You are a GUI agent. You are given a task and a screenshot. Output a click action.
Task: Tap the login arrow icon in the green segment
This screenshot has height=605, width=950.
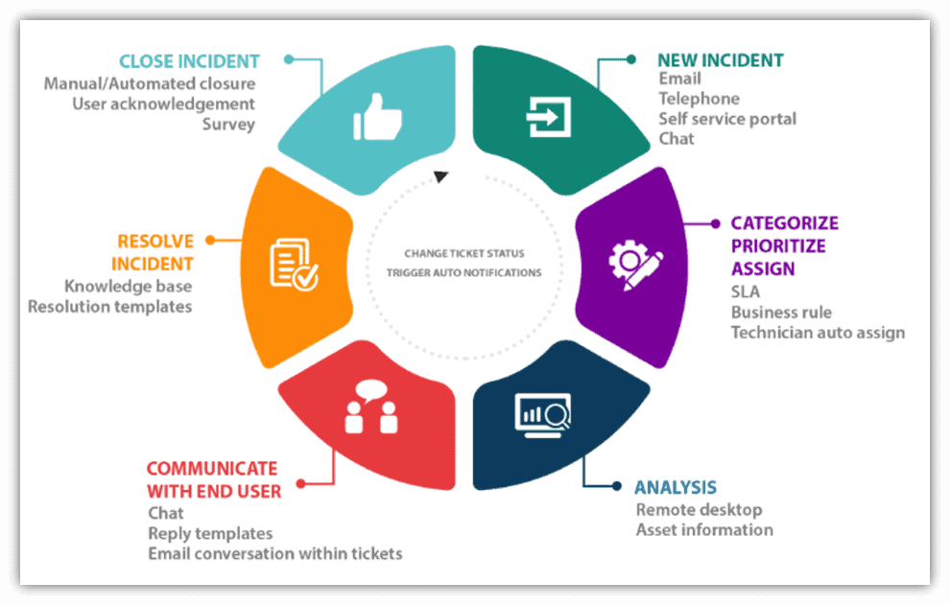pyautogui.click(x=549, y=119)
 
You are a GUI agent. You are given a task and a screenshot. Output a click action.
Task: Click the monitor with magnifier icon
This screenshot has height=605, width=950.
pyautogui.click(x=544, y=413)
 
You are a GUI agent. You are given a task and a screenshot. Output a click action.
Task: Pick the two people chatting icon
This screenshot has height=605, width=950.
pyautogui.click(x=370, y=407)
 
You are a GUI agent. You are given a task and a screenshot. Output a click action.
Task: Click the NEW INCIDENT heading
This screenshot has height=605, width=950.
pyautogui.click(x=720, y=59)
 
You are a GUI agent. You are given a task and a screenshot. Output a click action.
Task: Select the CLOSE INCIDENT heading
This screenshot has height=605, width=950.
pyautogui.click(x=188, y=61)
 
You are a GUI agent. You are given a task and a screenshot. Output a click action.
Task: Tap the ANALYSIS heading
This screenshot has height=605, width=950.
pyautogui.click(x=675, y=487)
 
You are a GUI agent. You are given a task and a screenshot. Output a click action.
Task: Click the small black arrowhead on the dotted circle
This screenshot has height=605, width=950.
pyautogui.click(x=440, y=176)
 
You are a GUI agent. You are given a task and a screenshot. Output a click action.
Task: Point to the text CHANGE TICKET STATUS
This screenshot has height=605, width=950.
pyautogui.click(x=464, y=254)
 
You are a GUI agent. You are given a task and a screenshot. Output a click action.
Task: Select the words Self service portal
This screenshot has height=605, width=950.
pyautogui.click(x=726, y=119)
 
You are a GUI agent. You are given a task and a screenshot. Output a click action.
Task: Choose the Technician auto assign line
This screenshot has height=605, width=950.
pyautogui.click(x=818, y=333)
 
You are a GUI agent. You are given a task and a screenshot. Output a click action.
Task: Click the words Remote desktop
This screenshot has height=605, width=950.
pyautogui.click(x=699, y=509)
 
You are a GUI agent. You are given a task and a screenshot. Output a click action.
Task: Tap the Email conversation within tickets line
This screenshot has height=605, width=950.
pyautogui.click(x=274, y=553)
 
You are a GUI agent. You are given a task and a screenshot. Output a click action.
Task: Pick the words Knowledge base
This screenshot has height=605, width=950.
pyautogui.click(x=128, y=286)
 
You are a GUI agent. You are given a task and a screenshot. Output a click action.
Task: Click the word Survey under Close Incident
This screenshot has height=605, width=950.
pyautogui.click(x=228, y=124)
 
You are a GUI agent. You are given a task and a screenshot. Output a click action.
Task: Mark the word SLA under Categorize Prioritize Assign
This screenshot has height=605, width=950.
pyautogui.click(x=745, y=291)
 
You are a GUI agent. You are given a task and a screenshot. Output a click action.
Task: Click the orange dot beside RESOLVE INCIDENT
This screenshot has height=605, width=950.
pyautogui.click(x=210, y=240)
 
